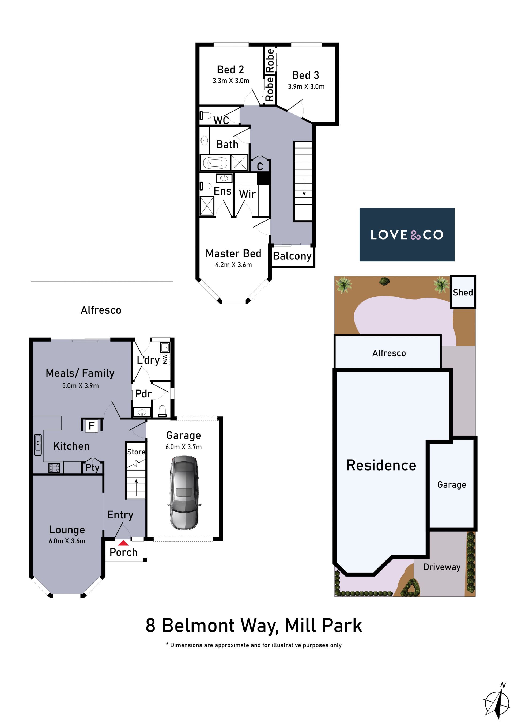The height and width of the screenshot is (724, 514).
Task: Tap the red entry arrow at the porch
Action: (123, 543)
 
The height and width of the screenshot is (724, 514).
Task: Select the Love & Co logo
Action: (407, 234)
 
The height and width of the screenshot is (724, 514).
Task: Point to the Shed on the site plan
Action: (463, 292)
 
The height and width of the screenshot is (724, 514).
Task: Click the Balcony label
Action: (292, 256)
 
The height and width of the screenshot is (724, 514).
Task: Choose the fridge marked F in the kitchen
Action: (92, 426)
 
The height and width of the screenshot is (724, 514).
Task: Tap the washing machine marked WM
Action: (165, 359)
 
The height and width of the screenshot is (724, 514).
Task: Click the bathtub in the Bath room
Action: (215, 163)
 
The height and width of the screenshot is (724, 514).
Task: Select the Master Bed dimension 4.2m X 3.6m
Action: (234, 265)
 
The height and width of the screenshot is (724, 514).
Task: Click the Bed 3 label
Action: (305, 75)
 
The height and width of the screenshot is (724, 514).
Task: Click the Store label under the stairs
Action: (136, 452)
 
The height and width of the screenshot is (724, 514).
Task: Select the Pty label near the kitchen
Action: (92, 468)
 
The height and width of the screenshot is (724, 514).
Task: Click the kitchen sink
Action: (38, 445)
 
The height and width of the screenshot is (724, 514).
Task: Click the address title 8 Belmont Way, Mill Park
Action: (254, 626)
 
